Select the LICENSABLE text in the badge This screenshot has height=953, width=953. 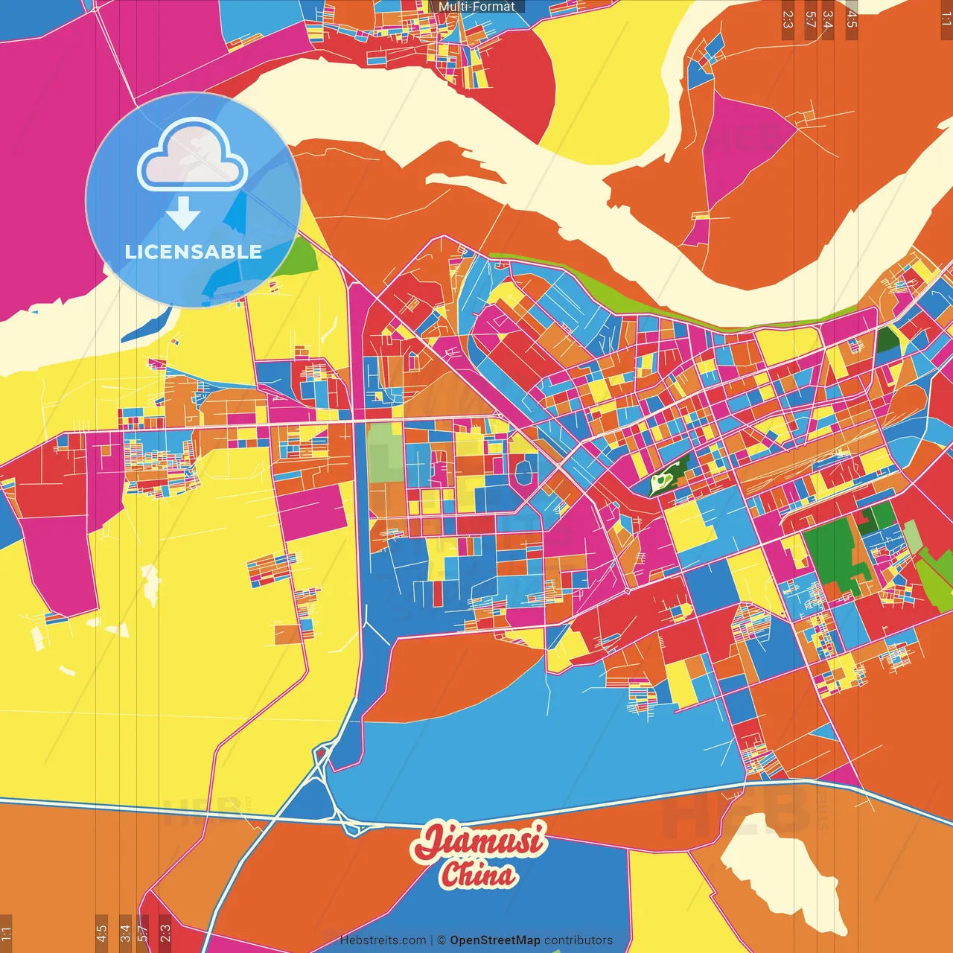click(193, 252)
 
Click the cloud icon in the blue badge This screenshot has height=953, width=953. click(192, 155)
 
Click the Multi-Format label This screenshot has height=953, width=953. click(476, 7)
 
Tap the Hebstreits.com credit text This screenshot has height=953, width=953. click(383, 940)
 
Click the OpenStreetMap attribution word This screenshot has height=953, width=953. click(494, 940)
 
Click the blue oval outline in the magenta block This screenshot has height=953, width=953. click(523, 472)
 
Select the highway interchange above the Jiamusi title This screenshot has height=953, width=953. click(328, 782)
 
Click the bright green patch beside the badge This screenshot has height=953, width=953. click(298, 257)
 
